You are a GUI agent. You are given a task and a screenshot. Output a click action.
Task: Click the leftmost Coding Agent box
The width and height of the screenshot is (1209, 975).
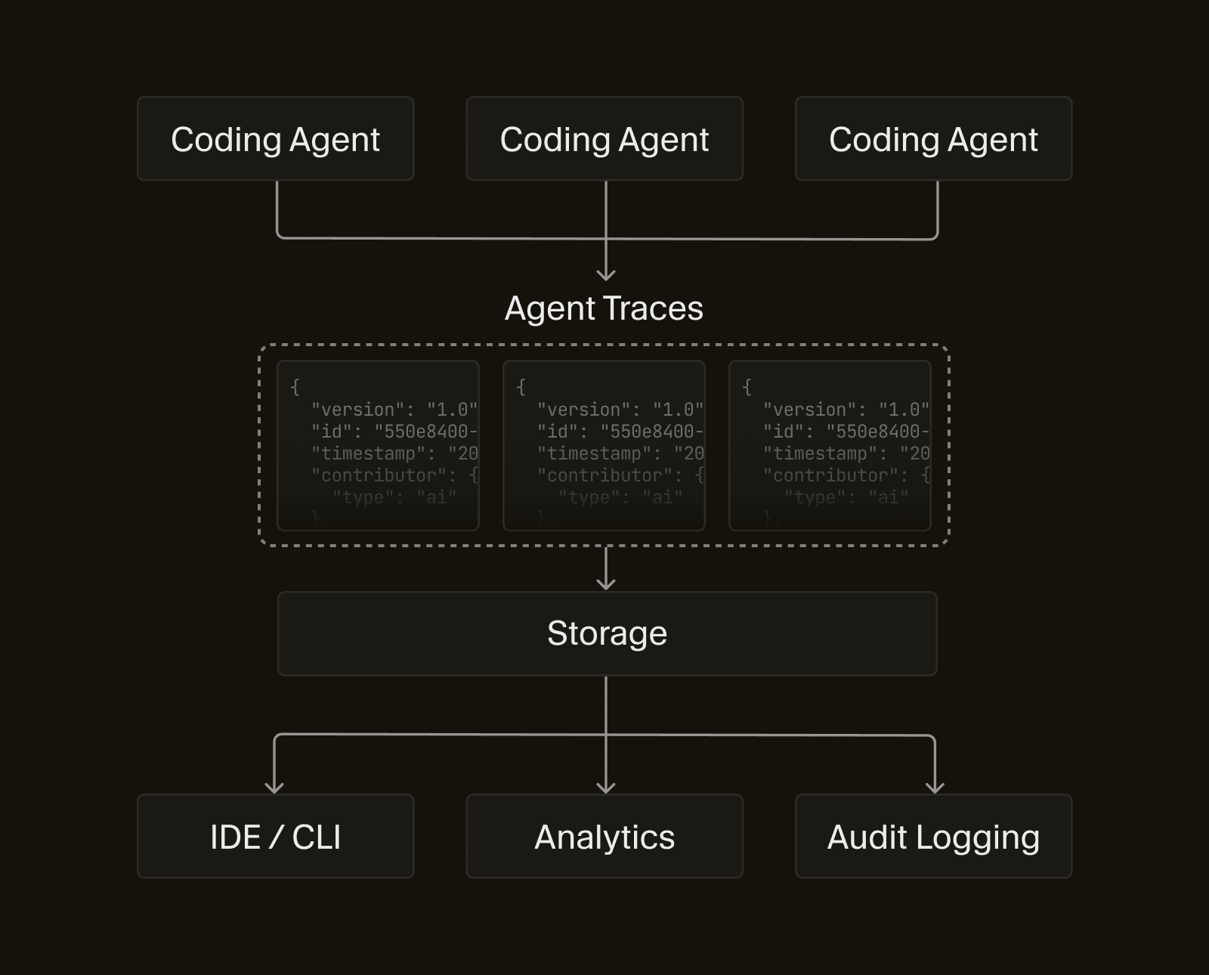tap(275, 139)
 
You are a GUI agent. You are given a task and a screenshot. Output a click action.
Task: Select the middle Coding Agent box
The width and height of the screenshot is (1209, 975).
tap(604, 139)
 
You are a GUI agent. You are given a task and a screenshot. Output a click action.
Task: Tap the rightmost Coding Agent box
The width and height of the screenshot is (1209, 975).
tap(933, 139)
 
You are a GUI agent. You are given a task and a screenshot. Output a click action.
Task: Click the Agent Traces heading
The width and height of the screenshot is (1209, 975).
tap(604, 308)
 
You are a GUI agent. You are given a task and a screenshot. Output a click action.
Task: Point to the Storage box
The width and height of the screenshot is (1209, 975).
tap(607, 633)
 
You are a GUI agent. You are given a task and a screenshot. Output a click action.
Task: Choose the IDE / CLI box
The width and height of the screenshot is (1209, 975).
tap(275, 837)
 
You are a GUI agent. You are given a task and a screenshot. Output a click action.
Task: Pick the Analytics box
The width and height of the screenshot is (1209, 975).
tap(604, 837)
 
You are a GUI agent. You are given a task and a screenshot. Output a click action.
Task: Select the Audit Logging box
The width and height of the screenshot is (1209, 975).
tap(933, 837)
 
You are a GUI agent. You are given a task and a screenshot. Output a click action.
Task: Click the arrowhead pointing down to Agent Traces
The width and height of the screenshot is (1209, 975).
tap(606, 275)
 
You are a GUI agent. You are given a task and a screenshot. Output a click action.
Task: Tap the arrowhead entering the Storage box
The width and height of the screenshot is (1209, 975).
tap(606, 583)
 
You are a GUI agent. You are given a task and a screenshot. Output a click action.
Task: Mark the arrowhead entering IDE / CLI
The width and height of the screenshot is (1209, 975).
tap(274, 787)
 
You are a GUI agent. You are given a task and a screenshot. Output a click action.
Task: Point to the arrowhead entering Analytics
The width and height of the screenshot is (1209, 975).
tap(606, 787)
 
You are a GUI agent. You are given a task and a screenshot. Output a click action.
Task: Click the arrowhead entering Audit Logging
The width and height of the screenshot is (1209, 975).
tap(935, 787)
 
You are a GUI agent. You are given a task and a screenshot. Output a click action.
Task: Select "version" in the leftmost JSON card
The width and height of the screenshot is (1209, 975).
tap(358, 410)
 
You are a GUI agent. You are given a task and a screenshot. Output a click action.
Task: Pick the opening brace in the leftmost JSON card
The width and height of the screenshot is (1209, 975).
tap(295, 387)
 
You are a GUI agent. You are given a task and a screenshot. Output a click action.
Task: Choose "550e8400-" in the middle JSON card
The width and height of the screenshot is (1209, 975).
tap(651, 432)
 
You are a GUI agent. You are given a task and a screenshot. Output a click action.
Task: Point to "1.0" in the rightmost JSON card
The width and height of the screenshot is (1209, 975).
tap(904, 410)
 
